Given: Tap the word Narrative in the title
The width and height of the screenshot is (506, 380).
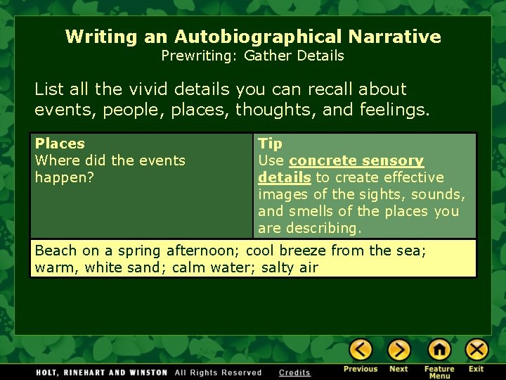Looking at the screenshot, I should (x=399, y=37).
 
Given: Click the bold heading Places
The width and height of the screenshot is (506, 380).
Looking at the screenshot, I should (x=60, y=144).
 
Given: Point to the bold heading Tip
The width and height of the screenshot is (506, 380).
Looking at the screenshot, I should (x=270, y=144).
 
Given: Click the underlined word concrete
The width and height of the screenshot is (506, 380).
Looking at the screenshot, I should (x=323, y=160).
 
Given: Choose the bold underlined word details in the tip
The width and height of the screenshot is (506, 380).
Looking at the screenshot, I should (x=284, y=177).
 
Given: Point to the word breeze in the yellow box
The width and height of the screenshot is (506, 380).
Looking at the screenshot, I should (x=302, y=251).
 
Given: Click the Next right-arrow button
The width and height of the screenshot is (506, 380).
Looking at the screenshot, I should (x=398, y=350).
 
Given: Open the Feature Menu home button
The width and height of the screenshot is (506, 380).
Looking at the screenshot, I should (x=439, y=350).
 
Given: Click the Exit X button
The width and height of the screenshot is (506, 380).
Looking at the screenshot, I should (x=476, y=350).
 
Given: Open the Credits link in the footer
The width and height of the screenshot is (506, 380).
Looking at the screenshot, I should (x=294, y=372).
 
